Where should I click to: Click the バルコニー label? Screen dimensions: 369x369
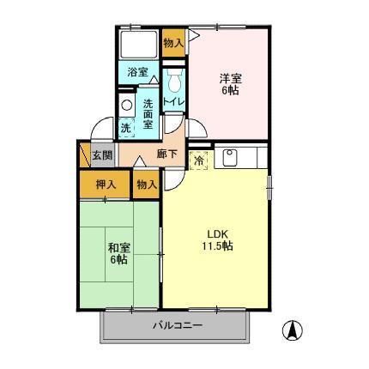178,325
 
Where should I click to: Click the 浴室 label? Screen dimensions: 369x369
137,72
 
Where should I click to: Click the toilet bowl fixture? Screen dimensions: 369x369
174,82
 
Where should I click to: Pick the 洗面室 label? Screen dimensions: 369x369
148,112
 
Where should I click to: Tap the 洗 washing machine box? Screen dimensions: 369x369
125,127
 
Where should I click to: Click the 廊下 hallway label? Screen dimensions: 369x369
167,154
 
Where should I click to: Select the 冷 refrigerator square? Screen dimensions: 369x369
198,160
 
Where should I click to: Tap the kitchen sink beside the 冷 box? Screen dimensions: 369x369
229,157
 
